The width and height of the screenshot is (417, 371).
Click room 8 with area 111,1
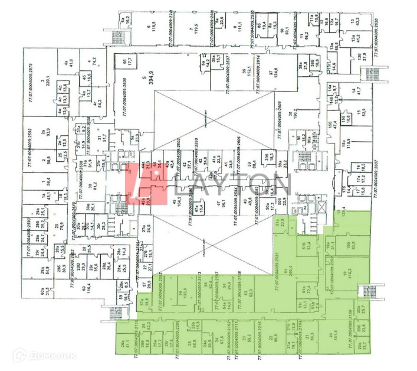(x=238, y=28)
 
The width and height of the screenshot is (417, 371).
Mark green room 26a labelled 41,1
(x=124, y=343)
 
